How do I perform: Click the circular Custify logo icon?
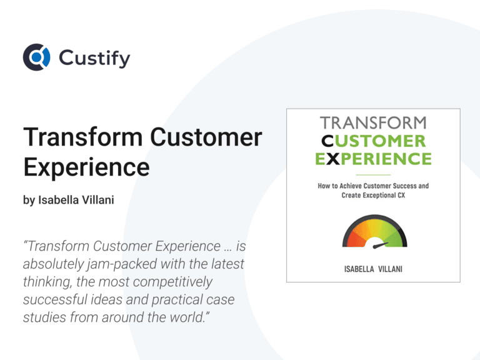[x=36, y=57]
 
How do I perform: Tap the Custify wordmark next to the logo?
[x=94, y=58]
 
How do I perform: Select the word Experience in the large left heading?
[x=86, y=167]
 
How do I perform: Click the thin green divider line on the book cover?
[x=373, y=174]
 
